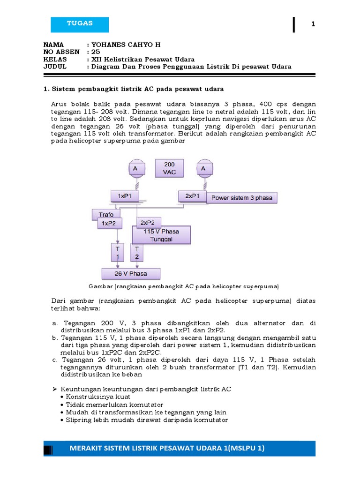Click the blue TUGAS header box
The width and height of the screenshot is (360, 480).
pos(80,24)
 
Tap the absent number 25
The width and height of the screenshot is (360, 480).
pos(97,52)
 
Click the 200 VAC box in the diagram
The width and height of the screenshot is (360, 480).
pos(169,168)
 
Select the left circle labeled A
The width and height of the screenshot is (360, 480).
pos(135,168)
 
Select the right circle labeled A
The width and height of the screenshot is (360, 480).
pos(203,168)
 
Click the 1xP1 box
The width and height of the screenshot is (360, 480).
pos(124,196)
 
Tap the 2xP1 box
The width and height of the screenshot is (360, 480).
pos(192,196)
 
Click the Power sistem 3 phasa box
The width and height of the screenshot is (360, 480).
pos(242,198)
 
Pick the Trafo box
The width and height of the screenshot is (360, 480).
pos(106,215)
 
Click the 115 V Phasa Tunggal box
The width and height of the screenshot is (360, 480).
pos(162,235)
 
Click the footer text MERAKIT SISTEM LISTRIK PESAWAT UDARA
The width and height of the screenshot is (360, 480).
pos(167,449)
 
